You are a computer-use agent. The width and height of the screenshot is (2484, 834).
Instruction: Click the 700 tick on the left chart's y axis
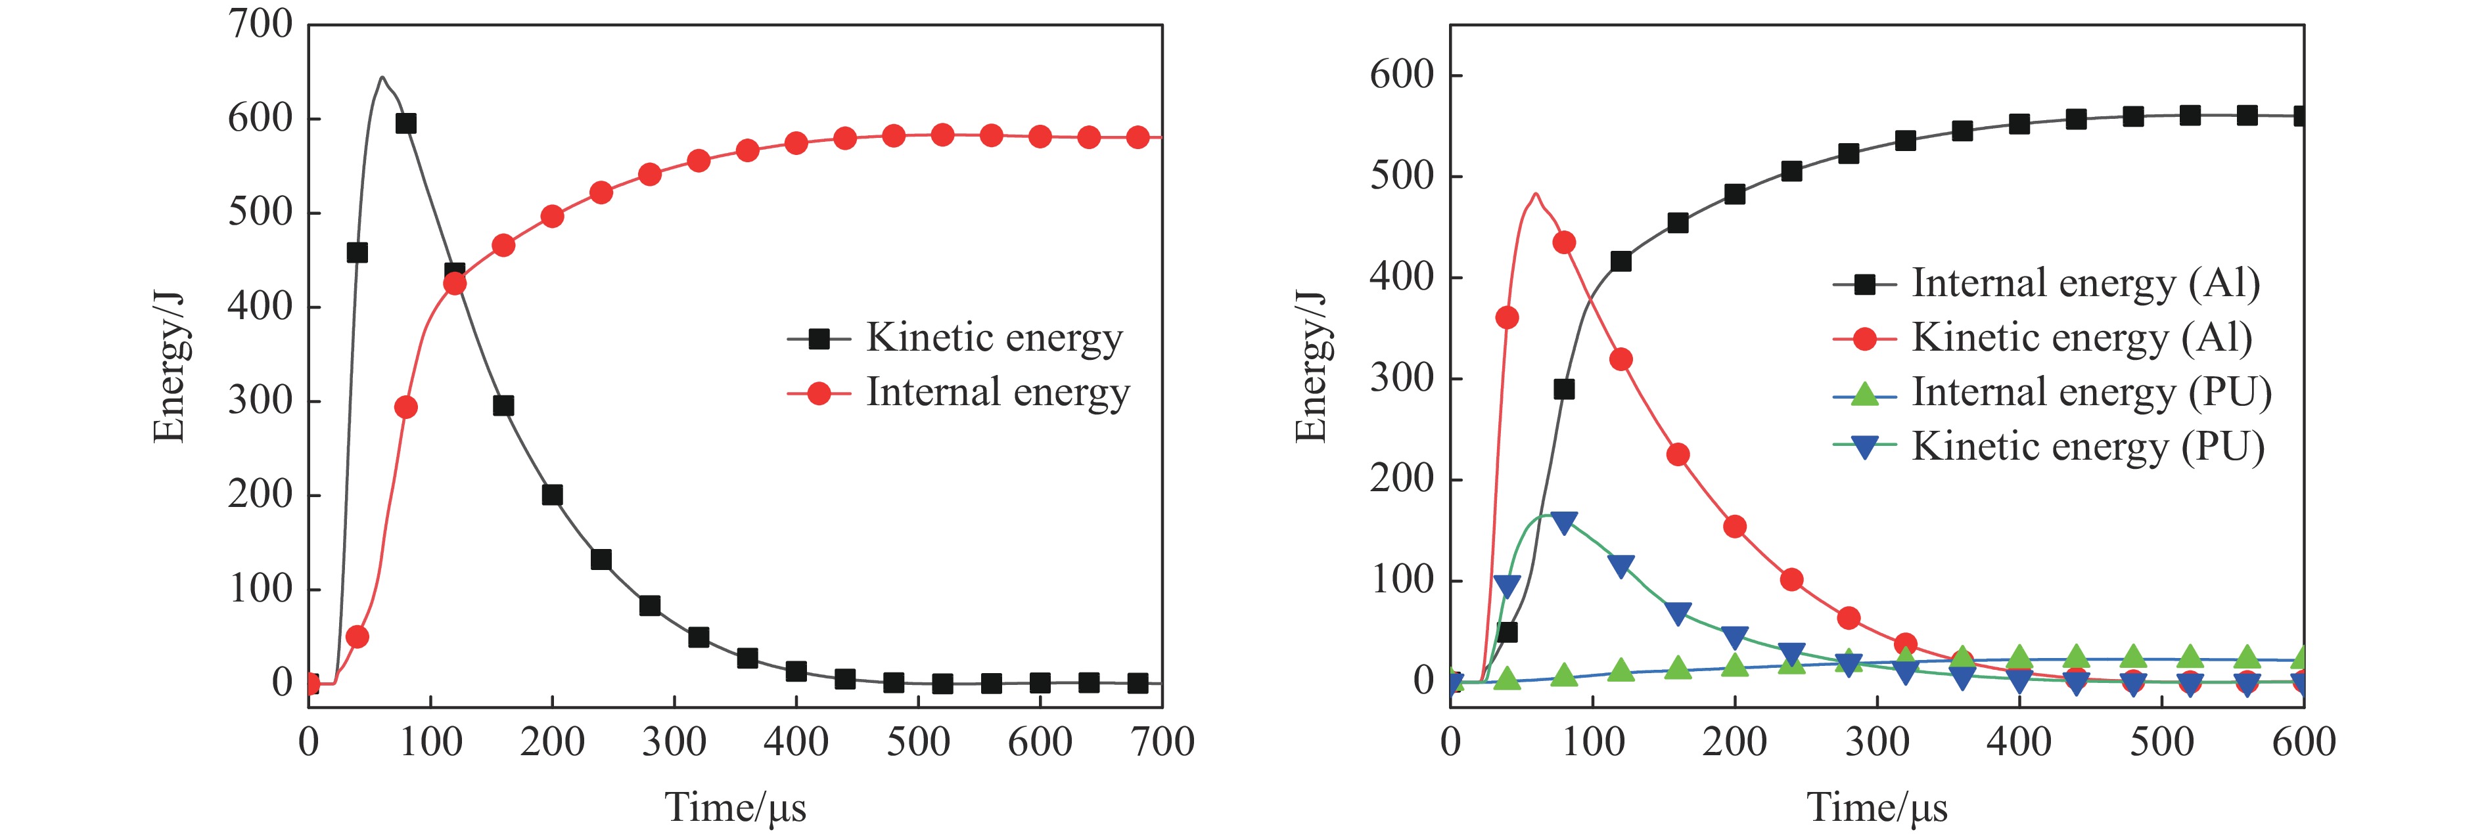(x=260, y=25)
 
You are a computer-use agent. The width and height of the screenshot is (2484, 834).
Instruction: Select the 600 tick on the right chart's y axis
(x=1402, y=76)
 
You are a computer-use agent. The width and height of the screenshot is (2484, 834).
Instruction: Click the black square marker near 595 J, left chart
(x=406, y=123)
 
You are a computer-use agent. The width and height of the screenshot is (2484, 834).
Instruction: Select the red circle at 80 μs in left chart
(x=406, y=408)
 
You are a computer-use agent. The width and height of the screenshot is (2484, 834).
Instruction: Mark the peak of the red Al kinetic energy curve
(x=1535, y=194)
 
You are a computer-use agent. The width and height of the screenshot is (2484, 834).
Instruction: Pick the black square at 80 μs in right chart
(x=1564, y=389)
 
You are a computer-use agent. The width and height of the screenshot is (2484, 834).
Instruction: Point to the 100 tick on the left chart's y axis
(x=260, y=589)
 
